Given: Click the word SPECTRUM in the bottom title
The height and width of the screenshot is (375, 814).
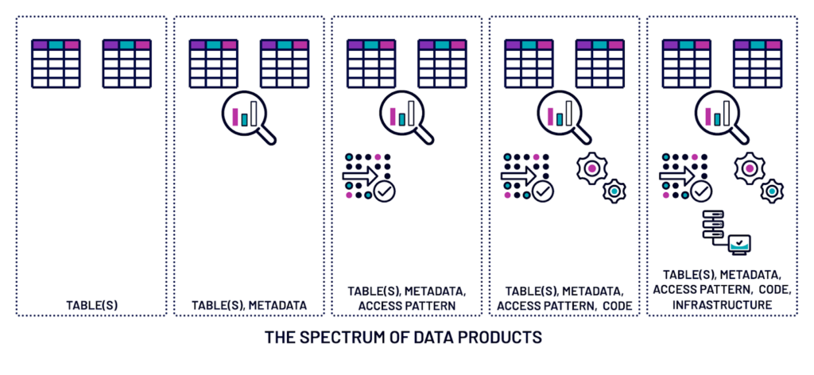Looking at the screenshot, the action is [343, 337].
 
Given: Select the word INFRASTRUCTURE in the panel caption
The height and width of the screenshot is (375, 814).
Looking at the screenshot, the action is [722, 305].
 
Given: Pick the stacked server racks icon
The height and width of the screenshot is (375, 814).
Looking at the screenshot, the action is [713, 225].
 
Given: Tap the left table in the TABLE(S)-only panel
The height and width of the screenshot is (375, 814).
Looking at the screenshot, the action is [56, 64].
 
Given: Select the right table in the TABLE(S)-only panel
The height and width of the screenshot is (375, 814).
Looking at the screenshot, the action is [126, 64].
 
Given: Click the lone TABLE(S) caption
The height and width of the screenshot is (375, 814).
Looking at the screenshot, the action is [92, 306].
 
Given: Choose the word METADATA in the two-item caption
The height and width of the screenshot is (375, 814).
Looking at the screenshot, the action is [277, 306].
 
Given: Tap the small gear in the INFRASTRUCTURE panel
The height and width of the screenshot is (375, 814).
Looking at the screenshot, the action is [771, 191].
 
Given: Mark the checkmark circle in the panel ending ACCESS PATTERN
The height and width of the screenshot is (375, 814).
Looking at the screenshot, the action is [384, 191].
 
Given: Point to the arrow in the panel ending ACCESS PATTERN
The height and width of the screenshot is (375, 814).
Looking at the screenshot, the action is [359, 176].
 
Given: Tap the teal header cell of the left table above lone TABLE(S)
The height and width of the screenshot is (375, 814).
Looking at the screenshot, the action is [56, 44].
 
